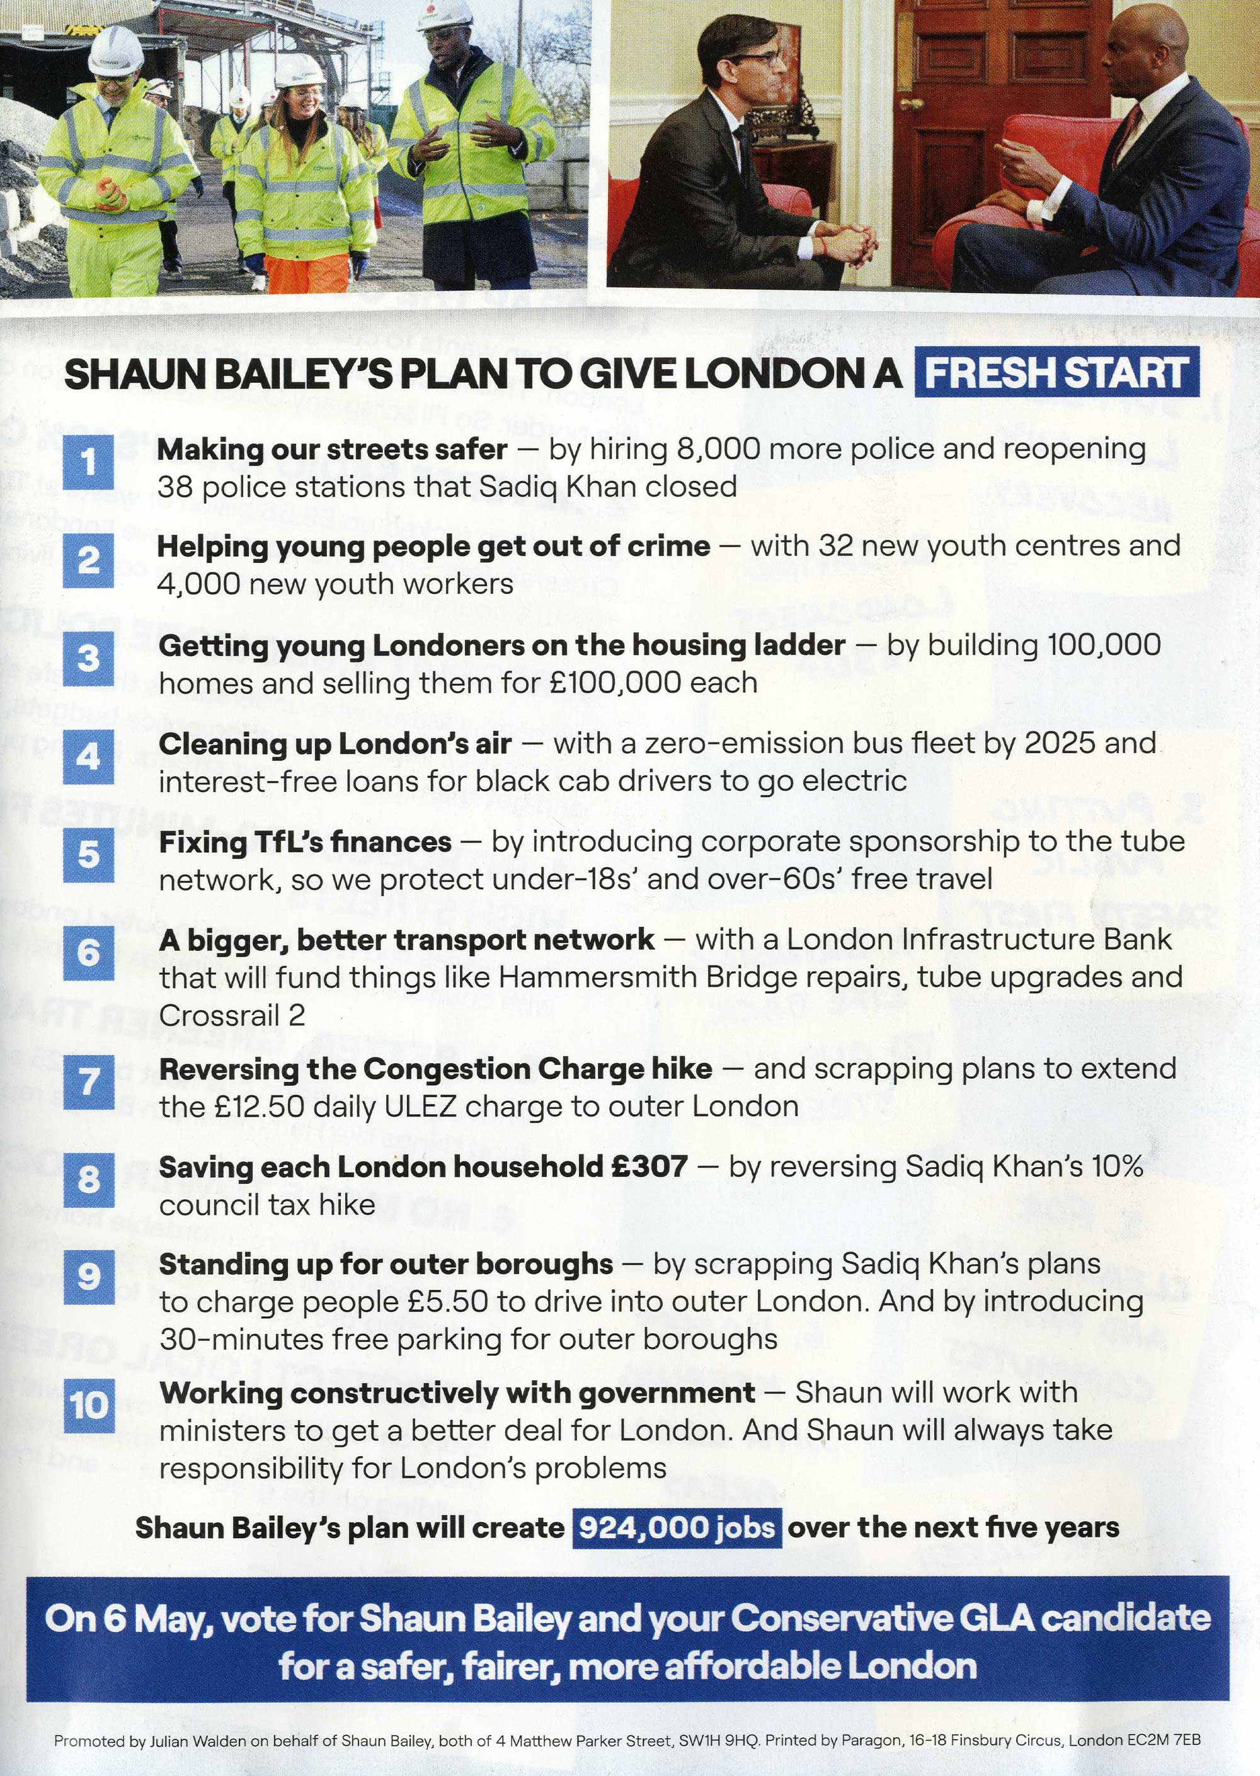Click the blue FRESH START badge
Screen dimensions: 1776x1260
[x=1057, y=372]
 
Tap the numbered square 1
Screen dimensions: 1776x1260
[x=88, y=463]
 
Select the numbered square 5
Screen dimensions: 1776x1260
[x=88, y=855]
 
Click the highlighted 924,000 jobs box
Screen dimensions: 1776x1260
[x=677, y=1527]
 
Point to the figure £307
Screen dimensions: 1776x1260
[x=649, y=1166]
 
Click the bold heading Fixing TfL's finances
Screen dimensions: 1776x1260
[x=305, y=841]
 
